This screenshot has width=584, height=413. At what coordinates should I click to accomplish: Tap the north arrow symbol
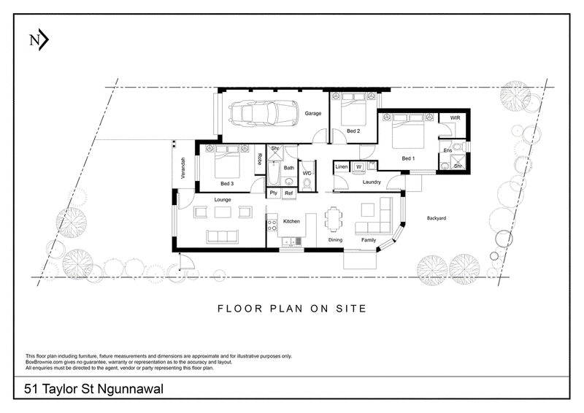point(39,40)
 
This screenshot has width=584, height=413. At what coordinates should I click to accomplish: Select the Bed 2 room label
point(353,131)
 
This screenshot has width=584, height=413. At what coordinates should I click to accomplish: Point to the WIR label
point(455,117)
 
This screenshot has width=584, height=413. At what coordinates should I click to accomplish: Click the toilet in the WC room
point(307,185)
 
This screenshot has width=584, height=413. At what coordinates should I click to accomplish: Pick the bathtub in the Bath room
point(273,173)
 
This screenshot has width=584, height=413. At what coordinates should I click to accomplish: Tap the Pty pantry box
point(274,193)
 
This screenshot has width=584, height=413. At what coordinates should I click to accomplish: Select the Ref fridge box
point(288,193)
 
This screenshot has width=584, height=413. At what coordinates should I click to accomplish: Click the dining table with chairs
point(333,220)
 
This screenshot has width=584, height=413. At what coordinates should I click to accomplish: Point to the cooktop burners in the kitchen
point(272,225)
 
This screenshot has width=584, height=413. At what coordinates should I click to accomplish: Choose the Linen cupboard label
point(342,166)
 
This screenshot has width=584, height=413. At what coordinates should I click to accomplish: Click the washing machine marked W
point(358,166)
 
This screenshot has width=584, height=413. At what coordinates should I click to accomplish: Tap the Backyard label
point(436,218)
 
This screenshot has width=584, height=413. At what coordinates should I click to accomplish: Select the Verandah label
point(183,169)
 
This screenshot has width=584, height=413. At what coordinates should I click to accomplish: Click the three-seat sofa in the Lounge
point(222,237)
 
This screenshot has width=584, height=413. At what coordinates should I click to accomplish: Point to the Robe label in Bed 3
point(260,159)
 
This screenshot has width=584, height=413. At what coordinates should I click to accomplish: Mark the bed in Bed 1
point(408,131)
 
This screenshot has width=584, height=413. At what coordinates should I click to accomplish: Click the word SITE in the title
point(351,309)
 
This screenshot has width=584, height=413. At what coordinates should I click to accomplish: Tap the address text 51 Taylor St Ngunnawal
point(93,389)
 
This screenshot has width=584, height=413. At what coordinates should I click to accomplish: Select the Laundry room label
point(372,182)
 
